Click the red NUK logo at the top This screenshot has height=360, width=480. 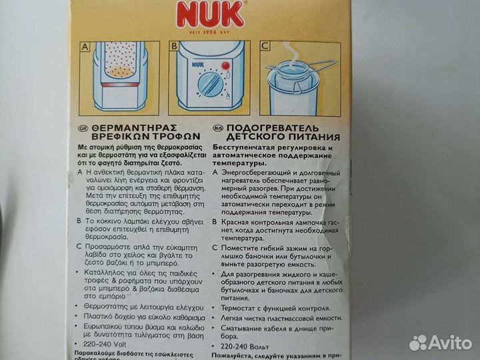point(210,13)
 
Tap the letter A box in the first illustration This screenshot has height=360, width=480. point(84,47)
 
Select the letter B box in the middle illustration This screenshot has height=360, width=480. point(174,47)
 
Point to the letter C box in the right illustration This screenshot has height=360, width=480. point(265,47)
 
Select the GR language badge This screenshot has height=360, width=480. point(82,127)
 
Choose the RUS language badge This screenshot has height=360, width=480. point(217,127)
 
